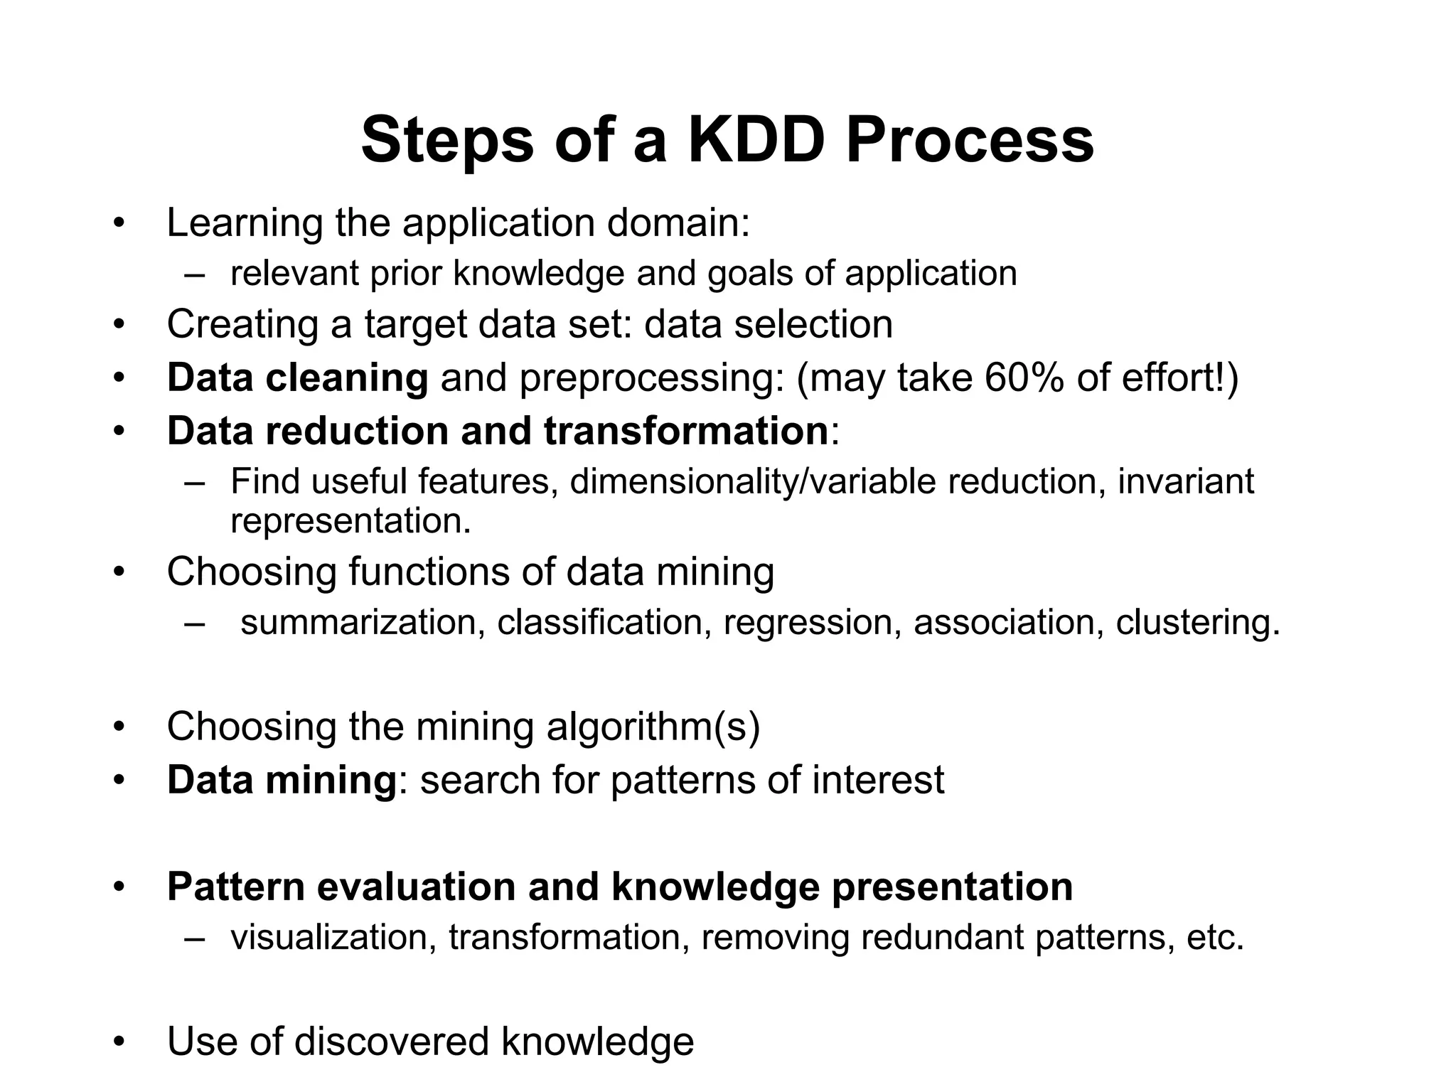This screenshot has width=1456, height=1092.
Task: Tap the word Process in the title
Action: (970, 140)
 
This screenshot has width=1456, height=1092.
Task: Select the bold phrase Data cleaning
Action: (297, 378)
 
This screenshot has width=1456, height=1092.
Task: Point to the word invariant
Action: (1186, 481)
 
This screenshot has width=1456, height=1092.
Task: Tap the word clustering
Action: (1197, 622)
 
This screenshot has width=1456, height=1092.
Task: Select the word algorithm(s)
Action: (653, 727)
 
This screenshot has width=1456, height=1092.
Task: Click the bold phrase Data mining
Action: (282, 780)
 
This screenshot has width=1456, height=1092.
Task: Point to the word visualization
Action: (333, 937)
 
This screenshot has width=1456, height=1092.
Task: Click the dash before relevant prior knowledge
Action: (193, 274)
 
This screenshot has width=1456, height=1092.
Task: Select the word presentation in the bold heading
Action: (952, 887)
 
